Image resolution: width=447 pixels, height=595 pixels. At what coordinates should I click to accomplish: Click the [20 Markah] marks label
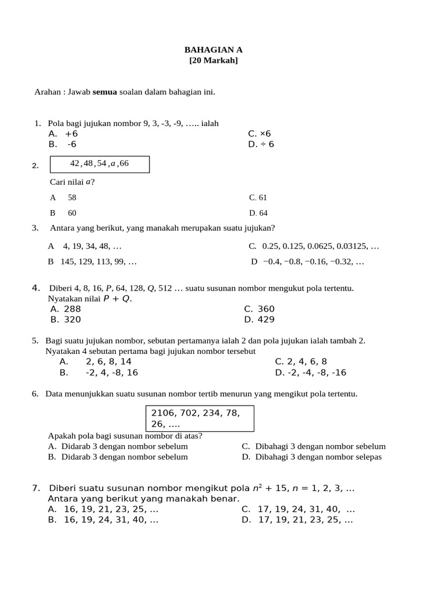(214, 60)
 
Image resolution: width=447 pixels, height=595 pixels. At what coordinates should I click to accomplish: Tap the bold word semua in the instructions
(105, 91)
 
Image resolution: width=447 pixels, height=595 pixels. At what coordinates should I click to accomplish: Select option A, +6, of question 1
(64, 134)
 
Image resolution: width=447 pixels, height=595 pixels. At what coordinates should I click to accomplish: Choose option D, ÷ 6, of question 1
(261, 144)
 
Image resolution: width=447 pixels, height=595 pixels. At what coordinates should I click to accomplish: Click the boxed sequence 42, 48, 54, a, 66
(100, 164)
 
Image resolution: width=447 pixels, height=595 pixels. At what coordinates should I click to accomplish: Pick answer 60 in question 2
(72, 213)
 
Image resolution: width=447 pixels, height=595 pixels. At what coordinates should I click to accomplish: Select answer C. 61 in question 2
(258, 198)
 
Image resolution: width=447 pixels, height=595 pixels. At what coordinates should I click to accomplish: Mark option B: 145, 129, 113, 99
(93, 261)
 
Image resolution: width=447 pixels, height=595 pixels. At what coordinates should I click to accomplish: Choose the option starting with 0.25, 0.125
(314, 246)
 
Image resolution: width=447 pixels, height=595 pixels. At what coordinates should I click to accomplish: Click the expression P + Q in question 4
(116, 299)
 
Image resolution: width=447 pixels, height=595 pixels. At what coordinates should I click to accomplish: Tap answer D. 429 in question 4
(260, 320)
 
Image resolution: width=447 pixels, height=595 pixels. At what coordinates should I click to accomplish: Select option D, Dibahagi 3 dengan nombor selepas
(313, 457)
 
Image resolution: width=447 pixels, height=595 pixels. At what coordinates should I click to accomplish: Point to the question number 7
(36, 488)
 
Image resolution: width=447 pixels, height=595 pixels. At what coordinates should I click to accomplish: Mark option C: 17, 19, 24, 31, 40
(299, 510)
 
